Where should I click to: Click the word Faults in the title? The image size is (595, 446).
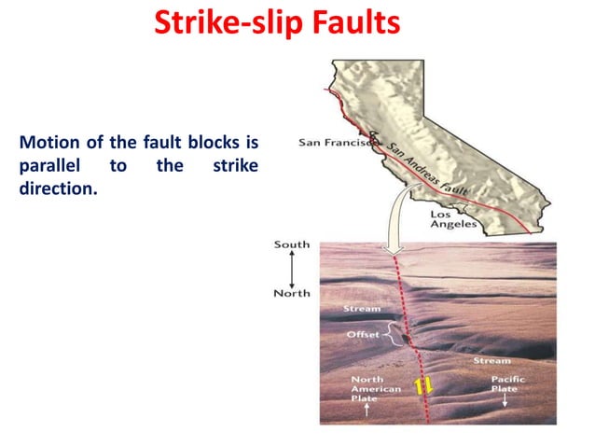tap(353, 21)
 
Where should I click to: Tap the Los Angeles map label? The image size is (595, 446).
tap(454, 219)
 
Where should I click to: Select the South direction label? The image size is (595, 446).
tap(292, 244)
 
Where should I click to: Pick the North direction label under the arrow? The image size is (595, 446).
tap(292, 293)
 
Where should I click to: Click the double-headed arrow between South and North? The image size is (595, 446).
tap(292, 269)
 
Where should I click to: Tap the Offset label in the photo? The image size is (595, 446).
tap(362, 334)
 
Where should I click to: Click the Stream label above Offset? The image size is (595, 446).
tap(362, 308)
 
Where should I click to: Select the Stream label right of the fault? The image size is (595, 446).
tap(491, 360)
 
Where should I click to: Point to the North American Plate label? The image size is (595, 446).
tap(376, 388)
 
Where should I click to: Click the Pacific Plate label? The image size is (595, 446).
tap(508, 384)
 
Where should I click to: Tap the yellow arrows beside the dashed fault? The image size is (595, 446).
tap(423, 384)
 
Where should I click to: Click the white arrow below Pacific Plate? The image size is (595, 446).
tap(505, 402)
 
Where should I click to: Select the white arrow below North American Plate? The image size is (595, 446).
tap(367, 410)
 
